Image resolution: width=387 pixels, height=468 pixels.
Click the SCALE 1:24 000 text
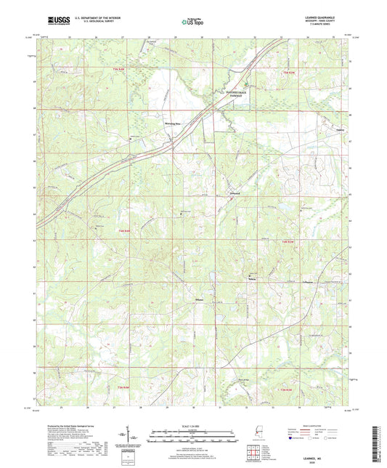point(193,426)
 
